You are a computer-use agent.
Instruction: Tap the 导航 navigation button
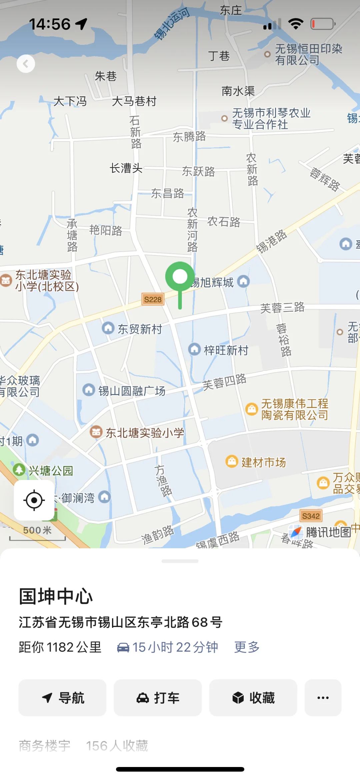62,698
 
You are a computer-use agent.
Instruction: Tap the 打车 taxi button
158,698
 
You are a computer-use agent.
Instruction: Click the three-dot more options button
323,698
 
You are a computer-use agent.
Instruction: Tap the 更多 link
247,647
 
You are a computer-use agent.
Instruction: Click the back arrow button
26,63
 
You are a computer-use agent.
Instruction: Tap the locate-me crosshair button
34,500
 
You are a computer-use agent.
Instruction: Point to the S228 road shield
153,299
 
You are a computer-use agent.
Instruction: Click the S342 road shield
311,516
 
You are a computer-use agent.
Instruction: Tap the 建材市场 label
263,462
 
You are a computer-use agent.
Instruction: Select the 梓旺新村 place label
226,350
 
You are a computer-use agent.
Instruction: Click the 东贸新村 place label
139,329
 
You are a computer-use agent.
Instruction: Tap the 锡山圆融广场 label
131,391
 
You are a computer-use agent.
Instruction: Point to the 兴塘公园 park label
50,471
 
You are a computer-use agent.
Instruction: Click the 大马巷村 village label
134,101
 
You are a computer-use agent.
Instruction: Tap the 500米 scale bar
37,533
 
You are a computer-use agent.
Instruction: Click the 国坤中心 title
56,596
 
